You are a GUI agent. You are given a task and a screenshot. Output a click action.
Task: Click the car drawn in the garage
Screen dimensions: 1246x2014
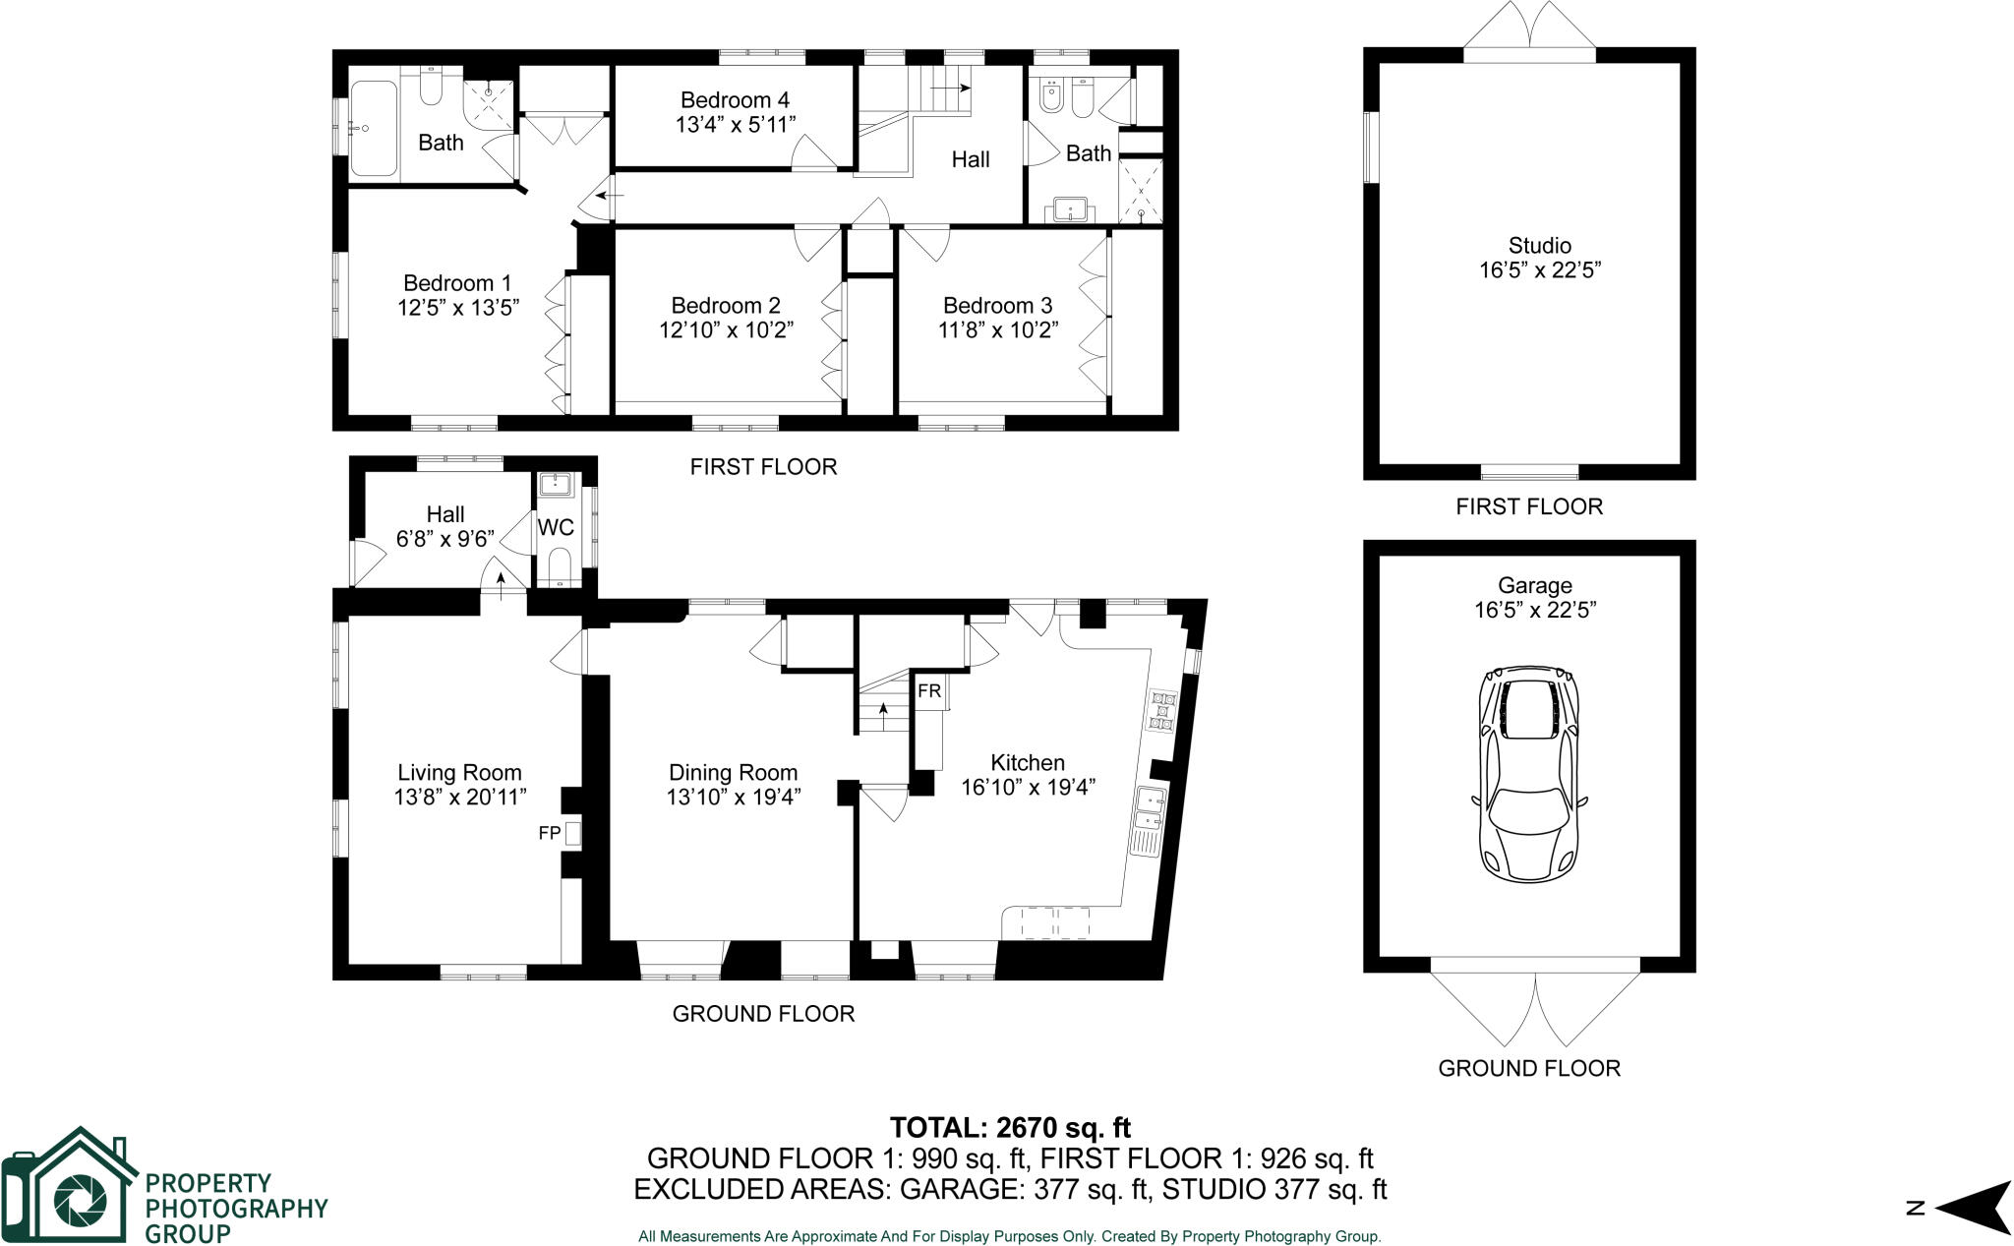tap(1529, 772)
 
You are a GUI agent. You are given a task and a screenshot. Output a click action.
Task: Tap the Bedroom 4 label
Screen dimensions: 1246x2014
tap(735, 100)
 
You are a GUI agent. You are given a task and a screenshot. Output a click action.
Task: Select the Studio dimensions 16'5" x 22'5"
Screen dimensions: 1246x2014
tap(1540, 270)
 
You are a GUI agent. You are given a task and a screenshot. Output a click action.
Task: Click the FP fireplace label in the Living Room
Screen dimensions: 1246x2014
tap(550, 834)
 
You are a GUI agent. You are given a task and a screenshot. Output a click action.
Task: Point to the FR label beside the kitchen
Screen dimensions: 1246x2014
tap(929, 691)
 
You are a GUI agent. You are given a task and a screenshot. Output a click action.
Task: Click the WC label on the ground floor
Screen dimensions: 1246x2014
tap(556, 528)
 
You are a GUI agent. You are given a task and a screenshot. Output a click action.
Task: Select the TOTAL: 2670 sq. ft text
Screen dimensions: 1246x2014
tap(1010, 1127)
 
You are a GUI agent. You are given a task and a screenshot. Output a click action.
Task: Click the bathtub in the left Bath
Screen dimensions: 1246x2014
tap(374, 129)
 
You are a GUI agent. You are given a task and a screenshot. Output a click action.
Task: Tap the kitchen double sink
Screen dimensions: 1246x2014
tap(1150, 809)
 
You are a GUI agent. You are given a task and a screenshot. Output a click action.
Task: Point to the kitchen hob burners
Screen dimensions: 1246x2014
tap(1162, 712)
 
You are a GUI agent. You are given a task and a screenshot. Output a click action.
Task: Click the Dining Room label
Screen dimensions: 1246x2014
tap(733, 773)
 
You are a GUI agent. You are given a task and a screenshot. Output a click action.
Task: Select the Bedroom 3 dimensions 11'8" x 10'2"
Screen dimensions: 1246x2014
tap(997, 330)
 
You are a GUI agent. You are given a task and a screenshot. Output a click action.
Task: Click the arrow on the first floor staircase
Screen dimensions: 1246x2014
tap(949, 89)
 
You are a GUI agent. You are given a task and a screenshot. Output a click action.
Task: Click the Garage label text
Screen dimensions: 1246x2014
tap(1534, 586)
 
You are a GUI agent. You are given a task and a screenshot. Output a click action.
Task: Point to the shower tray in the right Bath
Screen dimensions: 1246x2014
tap(1141, 191)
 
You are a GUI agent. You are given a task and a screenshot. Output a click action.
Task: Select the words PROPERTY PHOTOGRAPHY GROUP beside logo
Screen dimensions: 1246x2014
tap(236, 1208)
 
